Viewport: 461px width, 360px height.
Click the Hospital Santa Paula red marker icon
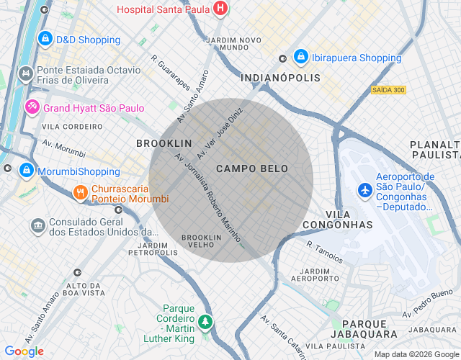(x=220, y=9)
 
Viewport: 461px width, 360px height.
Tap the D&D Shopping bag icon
(x=45, y=38)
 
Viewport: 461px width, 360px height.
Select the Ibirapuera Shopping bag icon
(x=301, y=57)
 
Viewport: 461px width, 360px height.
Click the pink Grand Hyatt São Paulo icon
(x=32, y=108)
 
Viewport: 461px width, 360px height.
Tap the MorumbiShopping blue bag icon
(x=27, y=170)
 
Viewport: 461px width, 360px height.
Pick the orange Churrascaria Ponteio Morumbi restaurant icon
(x=80, y=192)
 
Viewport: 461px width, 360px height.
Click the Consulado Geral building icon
(x=37, y=226)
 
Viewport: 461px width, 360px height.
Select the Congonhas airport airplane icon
(x=365, y=190)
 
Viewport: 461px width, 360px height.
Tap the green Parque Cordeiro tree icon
(x=206, y=321)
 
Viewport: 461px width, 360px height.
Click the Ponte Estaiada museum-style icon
(x=27, y=73)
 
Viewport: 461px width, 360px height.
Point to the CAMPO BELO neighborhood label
(x=252, y=168)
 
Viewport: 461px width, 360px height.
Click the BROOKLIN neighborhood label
(x=164, y=143)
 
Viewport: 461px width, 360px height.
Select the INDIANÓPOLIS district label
(x=280, y=77)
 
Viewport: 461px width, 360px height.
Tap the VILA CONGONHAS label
(x=349, y=220)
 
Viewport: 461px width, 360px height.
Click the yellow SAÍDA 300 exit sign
(x=388, y=90)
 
